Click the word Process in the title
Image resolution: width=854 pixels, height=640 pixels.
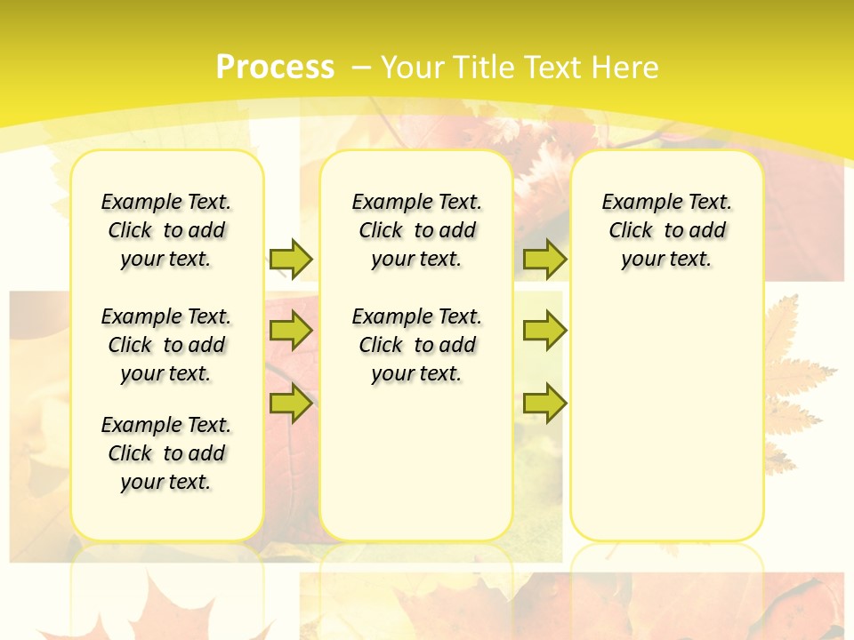(x=275, y=67)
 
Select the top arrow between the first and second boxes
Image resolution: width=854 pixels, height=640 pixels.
(x=291, y=259)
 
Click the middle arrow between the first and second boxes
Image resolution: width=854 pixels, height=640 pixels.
(x=291, y=331)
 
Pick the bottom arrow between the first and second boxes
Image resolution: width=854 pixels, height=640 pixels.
(x=291, y=403)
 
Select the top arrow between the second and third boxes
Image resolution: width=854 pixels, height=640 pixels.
(x=544, y=259)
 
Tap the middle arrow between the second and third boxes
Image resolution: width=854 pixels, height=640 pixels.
(x=544, y=331)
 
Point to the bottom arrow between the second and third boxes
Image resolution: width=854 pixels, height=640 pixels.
(x=544, y=403)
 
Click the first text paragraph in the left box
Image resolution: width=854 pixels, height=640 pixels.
(x=166, y=230)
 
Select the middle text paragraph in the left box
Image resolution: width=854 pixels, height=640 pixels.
(x=166, y=345)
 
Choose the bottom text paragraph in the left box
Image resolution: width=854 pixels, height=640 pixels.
(x=166, y=453)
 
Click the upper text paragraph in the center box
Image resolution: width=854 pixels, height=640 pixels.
(x=416, y=230)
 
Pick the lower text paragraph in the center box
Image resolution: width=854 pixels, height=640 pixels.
(x=416, y=345)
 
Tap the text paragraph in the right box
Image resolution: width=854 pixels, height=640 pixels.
(x=666, y=230)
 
